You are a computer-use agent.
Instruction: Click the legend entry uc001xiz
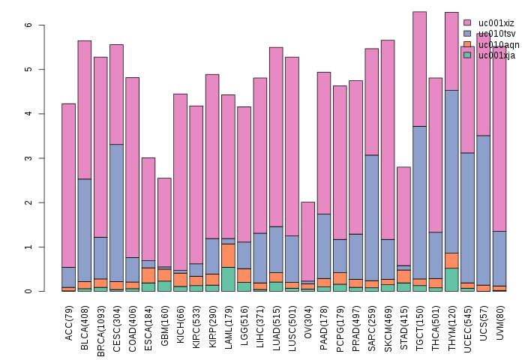pos(495,23)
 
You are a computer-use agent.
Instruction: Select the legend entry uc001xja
pos(495,55)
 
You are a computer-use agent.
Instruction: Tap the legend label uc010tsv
pos(495,34)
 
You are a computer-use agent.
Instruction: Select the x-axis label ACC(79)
pos(69,324)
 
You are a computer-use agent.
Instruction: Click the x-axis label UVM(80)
pos(500,323)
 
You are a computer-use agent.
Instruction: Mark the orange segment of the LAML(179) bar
pos(229,256)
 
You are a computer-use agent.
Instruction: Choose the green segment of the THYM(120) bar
pos(451,279)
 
